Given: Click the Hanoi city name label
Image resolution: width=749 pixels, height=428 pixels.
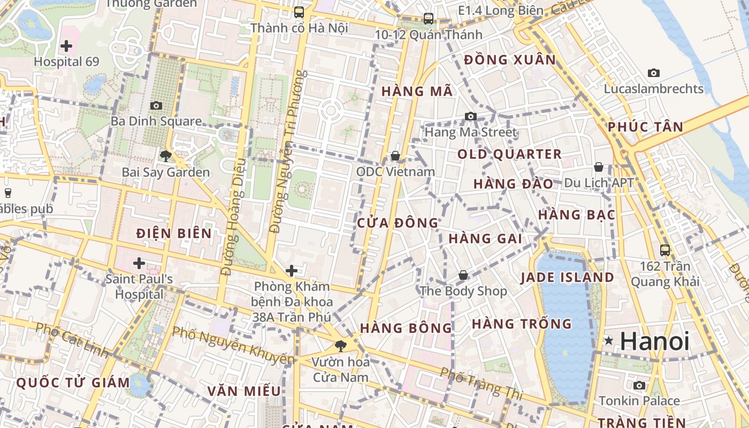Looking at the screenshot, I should tap(655, 341).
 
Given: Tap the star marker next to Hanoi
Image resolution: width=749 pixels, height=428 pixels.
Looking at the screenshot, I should tap(608, 340).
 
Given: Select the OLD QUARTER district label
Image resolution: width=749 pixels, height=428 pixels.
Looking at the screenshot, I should tap(509, 155).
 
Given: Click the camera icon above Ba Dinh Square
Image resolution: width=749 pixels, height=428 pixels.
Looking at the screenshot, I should tap(156, 105).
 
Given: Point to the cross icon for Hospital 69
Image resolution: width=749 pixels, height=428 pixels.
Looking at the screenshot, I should tap(66, 46).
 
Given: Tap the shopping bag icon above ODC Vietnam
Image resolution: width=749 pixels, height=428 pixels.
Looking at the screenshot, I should tap(395, 156).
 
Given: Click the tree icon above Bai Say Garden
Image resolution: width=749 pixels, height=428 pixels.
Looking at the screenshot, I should tap(165, 156).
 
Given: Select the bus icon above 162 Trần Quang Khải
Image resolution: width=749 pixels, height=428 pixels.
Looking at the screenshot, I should tap(665, 250).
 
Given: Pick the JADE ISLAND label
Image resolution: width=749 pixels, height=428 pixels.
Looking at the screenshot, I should tap(568, 277).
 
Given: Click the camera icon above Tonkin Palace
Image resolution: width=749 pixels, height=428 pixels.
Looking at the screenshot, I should tap(639, 385).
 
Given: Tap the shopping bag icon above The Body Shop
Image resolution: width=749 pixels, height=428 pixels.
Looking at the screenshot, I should tap(463, 276).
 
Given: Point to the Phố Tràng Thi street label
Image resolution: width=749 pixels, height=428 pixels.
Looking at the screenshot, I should tap(481, 383).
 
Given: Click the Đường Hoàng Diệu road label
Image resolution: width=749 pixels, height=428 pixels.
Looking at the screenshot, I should tap(234, 217).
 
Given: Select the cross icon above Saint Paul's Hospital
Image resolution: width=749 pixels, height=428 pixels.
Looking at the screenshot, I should tap(139, 263).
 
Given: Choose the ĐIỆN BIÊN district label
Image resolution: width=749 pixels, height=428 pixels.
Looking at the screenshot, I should tap(174, 233).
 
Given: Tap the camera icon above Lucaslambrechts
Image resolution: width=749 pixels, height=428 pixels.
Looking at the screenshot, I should tap(653, 73).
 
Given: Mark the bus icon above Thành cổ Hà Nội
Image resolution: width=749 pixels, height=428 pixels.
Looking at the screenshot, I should tap(299, 12).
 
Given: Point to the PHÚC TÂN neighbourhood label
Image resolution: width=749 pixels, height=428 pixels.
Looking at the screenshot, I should tap(645, 127).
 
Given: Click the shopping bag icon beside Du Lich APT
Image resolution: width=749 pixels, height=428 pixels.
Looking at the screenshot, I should tap(599, 167).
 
